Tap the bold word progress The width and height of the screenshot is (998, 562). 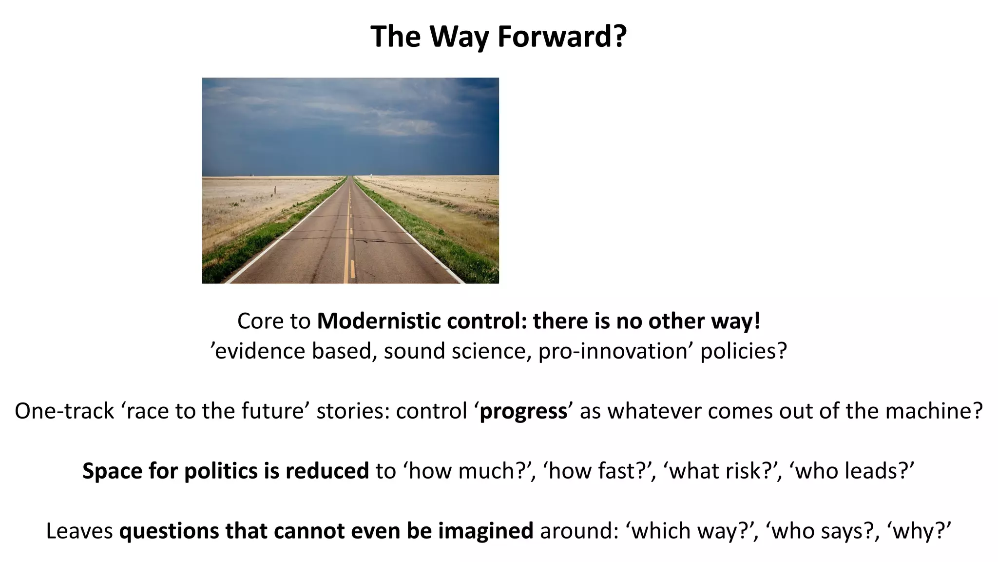pyautogui.click(x=523, y=411)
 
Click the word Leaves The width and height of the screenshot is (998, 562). pyautogui.click(x=79, y=531)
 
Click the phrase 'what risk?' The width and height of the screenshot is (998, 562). pyautogui.click(x=723, y=471)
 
